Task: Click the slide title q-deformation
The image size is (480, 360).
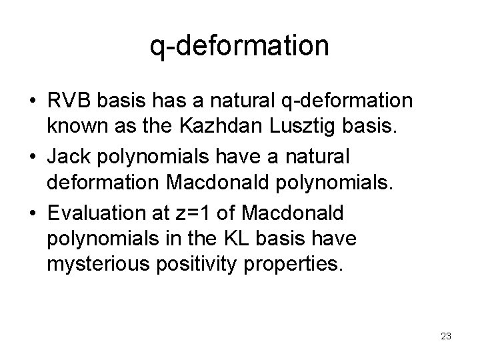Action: click(239, 46)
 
